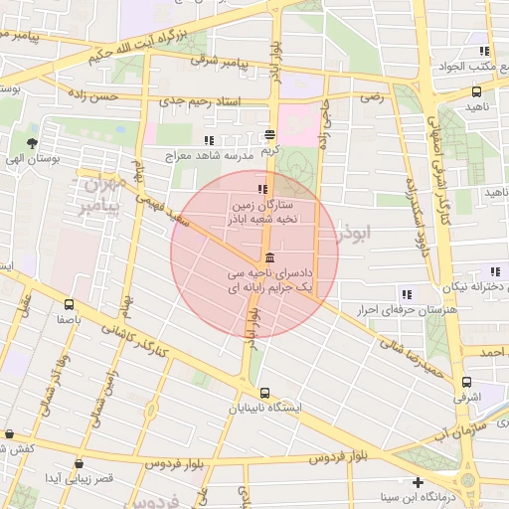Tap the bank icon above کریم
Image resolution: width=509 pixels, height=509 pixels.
pos(270,135)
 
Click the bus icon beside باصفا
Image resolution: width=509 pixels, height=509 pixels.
pos(69,305)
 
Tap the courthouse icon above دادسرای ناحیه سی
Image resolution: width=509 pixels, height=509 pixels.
pos(270,257)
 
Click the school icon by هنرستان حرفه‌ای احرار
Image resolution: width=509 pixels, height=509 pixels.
pos(406,293)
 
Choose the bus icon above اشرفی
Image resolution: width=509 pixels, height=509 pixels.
pos(466,382)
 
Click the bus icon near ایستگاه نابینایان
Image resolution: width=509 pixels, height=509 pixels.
pos(263,391)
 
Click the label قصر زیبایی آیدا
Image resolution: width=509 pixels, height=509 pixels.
pos(81,478)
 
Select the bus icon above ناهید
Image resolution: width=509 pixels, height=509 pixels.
pos(475,91)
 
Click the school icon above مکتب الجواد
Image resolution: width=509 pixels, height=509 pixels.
pos(484,51)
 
